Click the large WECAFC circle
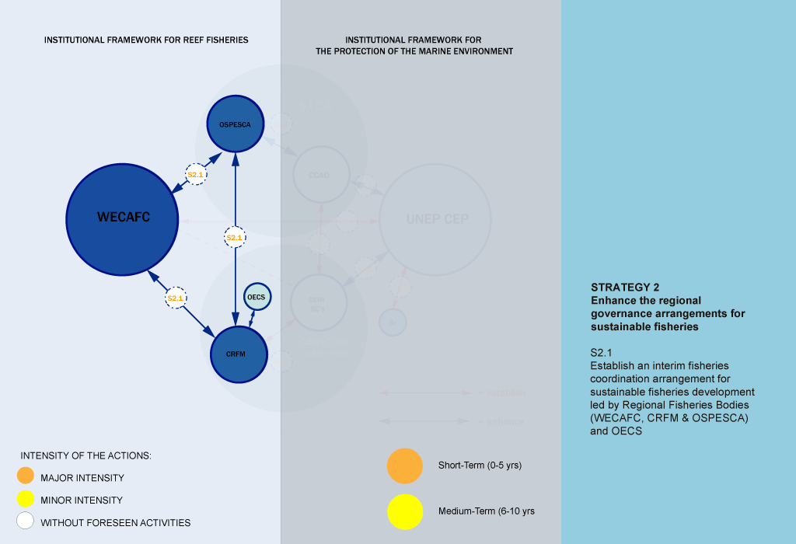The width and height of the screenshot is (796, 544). pyautogui.click(x=124, y=218)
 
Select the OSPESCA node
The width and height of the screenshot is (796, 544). pyautogui.click(x=236, y=124)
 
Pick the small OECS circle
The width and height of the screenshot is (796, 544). pyautogui.click(x=257, y=297)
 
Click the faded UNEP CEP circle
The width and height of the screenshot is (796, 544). pyautogui.click(x=436, y=219)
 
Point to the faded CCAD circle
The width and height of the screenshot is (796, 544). pyautogui.click(x=321, y=175)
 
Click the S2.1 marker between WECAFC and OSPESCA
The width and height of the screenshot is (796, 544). pyautogui.click(x=195, y=175)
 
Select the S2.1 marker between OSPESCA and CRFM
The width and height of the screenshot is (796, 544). pyautogui.click(x=235, y=237)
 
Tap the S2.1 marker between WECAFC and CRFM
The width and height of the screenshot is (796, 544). pyautogui.click(x=176, y=298)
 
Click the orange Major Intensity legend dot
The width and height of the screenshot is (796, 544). pyautogui.click(x=26, y=477)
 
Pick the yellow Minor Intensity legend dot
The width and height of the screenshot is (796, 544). pyautogui.click(x=26, y=500)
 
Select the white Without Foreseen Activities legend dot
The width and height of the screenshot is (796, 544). pyautogui.click(x=26, y=521)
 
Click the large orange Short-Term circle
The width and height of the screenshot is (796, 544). pyautogui.click(x=404, y=466)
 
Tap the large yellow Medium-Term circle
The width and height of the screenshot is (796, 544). pyautogui.click(x=404, y=511)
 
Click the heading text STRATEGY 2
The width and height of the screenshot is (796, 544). pyautogui.click(x=625, y=287)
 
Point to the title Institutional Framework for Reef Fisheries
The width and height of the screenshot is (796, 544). pyautogui.click(x=146, y=40)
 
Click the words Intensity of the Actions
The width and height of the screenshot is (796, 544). pyautogui.click(x=86, y=455)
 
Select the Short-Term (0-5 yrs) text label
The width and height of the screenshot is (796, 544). pyautogui.click(x=480, y=466)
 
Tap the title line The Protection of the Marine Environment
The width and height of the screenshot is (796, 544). pyautogui.click(x=414, y=51)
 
